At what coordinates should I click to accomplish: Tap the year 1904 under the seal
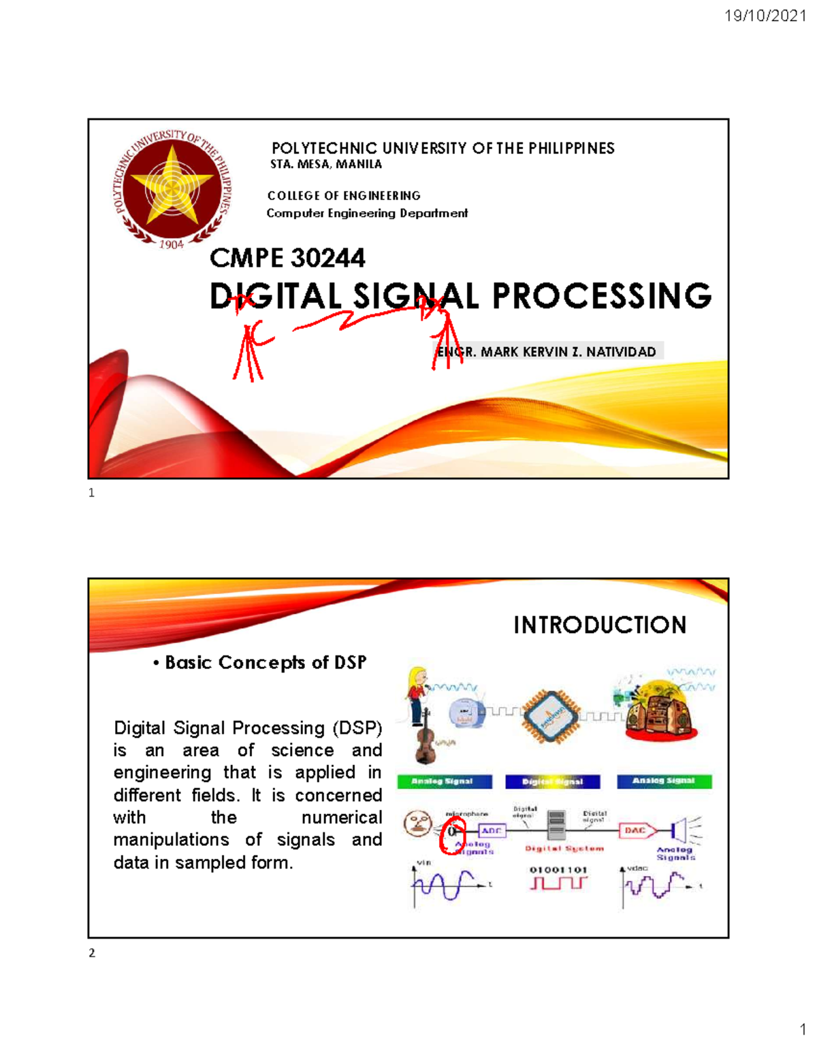pos(172,244)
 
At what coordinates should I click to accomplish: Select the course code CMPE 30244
pos(287,258)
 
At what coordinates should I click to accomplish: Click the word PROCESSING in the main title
pos(601,296)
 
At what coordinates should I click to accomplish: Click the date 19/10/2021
pos(765,16)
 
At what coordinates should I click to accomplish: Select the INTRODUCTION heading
pos(600,625)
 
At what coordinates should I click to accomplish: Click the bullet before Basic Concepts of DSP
pos(157,663)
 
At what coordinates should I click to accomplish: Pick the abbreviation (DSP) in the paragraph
pos(357,728)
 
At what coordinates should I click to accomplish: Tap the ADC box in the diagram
pos(491,831)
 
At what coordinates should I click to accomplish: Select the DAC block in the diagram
pos(636,830)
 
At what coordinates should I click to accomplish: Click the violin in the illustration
pos(425,738)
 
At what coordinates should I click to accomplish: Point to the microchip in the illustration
pos(550,716)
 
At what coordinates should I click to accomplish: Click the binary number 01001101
pos(558,870)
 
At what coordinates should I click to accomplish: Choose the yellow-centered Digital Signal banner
pos(553,781)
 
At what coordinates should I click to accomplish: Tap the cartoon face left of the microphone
pos(417,824)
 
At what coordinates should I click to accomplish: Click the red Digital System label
pos(564,849)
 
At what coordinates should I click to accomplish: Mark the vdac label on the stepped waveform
pos(637,868)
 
